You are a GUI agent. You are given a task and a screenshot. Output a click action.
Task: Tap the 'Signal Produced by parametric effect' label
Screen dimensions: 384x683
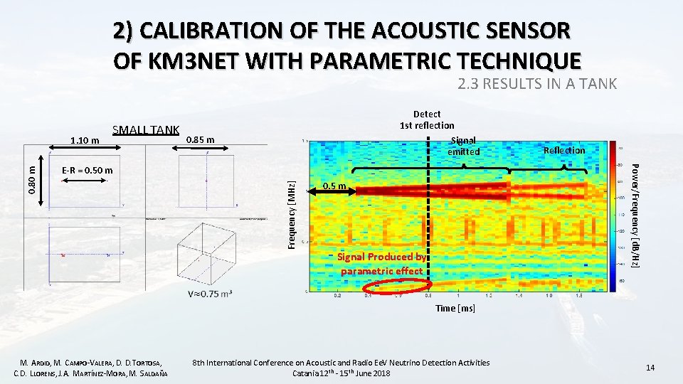(x=381, y=264)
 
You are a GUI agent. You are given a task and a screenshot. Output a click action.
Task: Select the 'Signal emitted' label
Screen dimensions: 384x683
(x=463, y=146)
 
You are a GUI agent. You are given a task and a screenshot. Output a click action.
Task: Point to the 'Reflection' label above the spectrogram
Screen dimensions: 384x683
(x=563, y=150)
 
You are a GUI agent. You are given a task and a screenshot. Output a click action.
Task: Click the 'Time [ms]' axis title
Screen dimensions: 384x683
(x=456, y=309)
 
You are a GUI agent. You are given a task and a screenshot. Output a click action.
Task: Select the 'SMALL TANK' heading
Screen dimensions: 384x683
(x=146, y=129)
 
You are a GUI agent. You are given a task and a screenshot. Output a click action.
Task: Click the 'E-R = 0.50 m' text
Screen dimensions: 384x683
(x=87, y=171)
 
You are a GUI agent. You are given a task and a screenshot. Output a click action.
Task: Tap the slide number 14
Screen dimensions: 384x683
(x=649, y=367)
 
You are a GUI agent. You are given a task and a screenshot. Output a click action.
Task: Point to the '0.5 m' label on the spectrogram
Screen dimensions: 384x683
(x=334, y=186)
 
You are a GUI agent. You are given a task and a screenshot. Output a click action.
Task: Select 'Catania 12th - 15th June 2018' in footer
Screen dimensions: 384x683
(x=341, y=373)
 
